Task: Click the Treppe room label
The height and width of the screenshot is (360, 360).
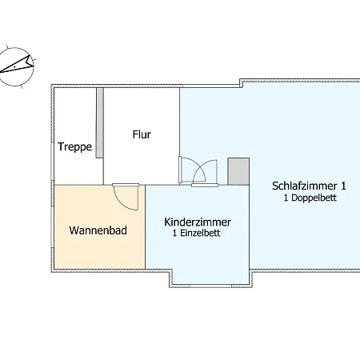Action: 74,147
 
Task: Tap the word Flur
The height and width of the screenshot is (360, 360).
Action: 142,134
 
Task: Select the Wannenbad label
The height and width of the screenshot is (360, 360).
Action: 98,230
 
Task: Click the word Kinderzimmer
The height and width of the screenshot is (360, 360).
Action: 198,222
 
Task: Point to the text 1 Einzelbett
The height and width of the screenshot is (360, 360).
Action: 196,233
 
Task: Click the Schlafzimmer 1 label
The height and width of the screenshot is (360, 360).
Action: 309,186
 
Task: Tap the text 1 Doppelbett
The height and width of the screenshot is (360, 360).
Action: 310,198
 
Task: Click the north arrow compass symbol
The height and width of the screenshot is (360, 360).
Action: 17,66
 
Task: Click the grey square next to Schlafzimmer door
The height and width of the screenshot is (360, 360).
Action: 238,171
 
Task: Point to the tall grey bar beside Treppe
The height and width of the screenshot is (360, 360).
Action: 100,123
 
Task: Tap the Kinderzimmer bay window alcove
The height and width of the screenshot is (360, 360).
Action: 210,276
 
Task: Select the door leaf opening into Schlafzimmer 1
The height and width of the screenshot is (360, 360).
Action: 180,170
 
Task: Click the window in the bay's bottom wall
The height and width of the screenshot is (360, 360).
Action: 210,286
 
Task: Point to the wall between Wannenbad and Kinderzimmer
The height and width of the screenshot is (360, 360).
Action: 146,227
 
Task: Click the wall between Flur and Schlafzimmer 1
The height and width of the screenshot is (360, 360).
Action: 180,122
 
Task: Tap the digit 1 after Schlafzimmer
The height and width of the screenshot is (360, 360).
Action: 343,186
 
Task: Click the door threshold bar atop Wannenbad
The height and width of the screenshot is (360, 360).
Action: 126,185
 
